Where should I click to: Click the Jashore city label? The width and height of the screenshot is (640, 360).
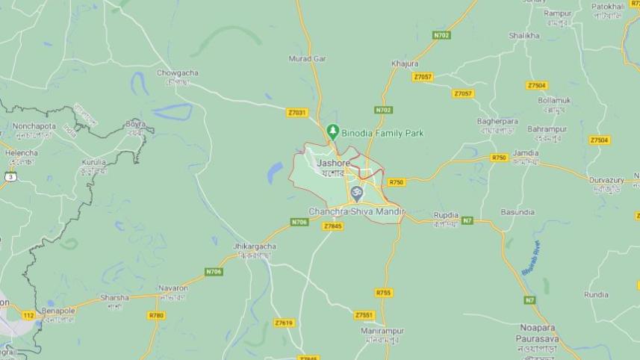333,162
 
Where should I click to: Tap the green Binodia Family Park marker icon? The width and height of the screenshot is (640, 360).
332,132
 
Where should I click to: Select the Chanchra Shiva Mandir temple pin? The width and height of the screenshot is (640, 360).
357,194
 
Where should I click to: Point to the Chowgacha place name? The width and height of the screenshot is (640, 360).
178,73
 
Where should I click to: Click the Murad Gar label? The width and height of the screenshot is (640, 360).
308,58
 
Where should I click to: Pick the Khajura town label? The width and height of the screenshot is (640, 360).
404,63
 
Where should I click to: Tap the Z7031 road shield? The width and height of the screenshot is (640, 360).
296,112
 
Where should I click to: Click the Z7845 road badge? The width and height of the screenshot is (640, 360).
333,226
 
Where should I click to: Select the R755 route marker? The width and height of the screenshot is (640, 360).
383,293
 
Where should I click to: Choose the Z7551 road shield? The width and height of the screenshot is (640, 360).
364,314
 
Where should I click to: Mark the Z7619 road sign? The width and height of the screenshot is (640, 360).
284,323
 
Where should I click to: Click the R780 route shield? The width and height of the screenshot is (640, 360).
156,315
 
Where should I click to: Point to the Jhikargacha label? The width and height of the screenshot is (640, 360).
255,246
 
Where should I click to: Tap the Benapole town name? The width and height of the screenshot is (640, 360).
58,310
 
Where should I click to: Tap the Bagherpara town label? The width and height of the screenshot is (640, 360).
497,121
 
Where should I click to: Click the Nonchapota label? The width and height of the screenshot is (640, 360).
34,126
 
